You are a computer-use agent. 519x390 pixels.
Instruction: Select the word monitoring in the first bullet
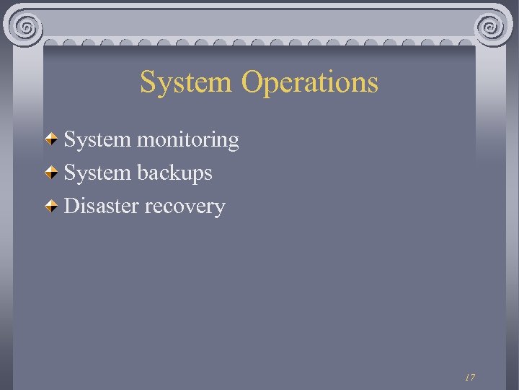(188, 140)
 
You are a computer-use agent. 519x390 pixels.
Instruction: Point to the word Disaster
(102, 206)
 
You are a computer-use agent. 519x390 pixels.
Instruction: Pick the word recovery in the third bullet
(185, 207)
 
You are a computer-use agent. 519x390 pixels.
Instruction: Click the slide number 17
(470, 377)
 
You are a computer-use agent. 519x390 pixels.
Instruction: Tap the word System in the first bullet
(97, 139)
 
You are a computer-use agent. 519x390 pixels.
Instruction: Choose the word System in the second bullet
(97, 173)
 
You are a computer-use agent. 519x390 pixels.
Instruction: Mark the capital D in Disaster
(71, 206)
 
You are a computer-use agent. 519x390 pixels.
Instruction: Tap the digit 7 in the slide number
(472, 377)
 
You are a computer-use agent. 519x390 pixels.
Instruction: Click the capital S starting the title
(147, 82)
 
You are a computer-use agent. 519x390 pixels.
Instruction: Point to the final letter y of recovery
(220, 209)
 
